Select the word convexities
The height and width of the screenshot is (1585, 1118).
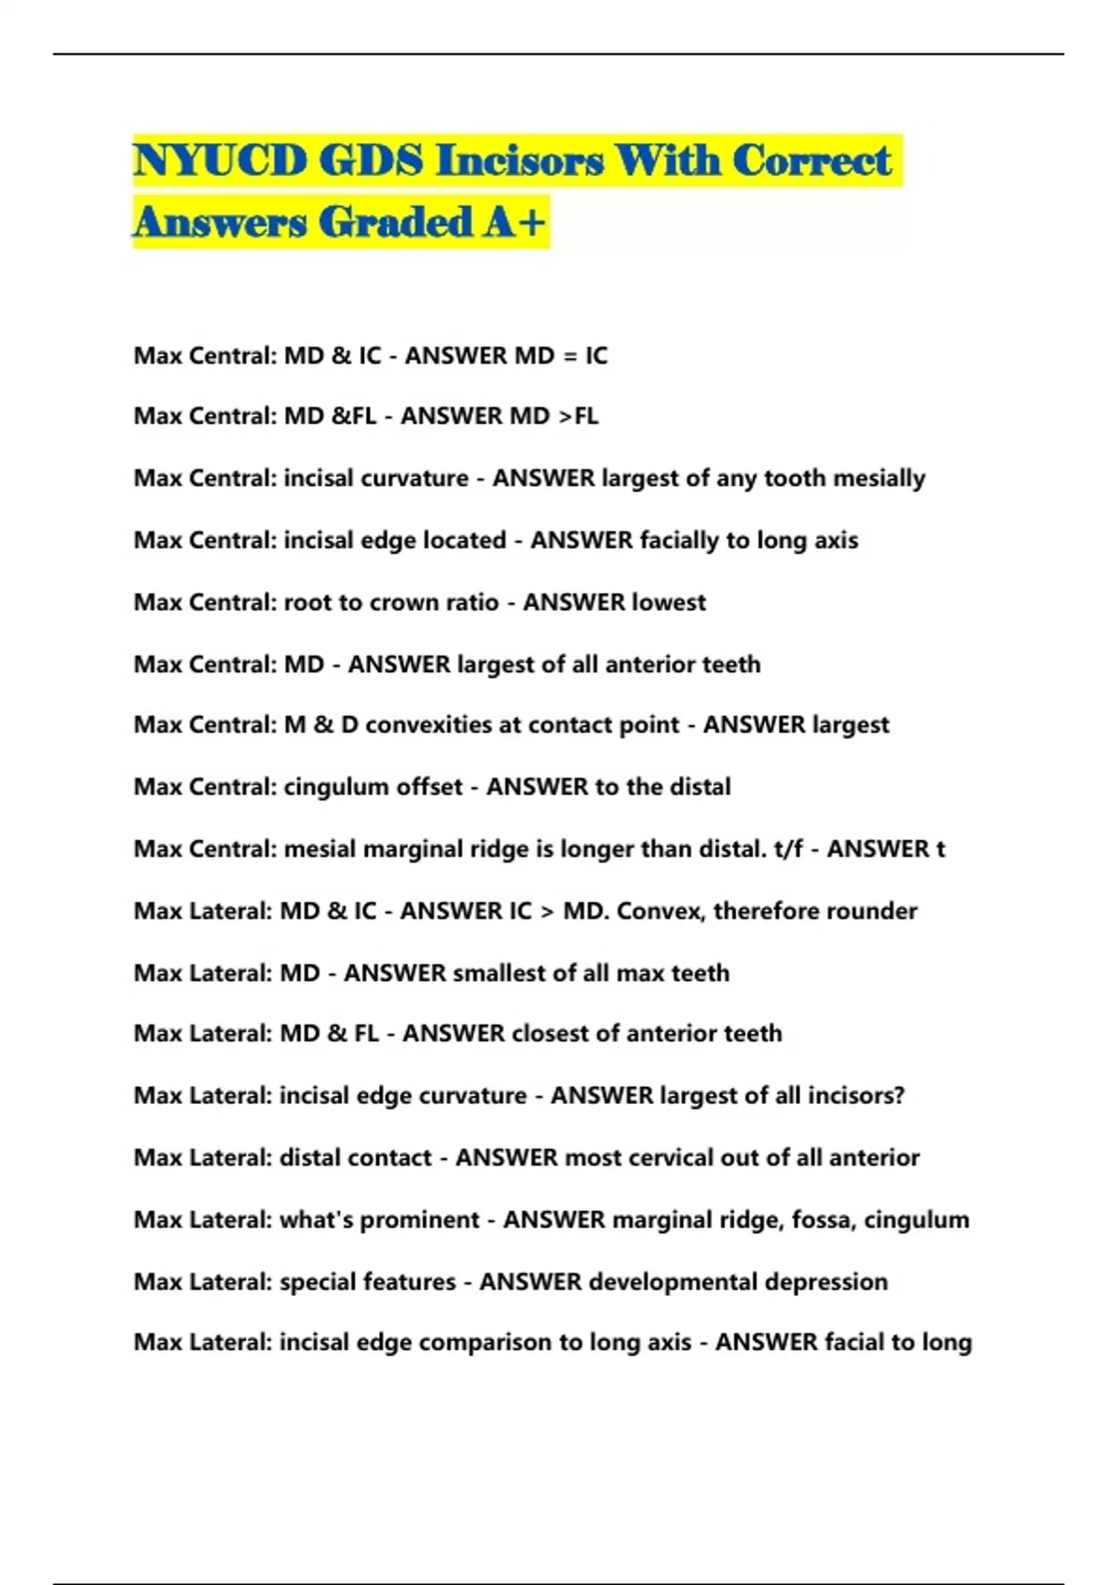coord(428,725)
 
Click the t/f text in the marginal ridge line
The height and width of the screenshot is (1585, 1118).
coord(788,849)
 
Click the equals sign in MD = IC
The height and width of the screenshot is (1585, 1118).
coord(567,356)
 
